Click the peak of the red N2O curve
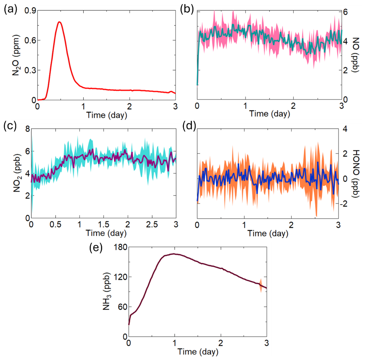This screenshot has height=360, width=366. point(60,22)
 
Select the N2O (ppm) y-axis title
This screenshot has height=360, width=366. point(17,55)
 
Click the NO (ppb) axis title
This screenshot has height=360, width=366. point(356,55)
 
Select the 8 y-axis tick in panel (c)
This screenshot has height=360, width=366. point(27,129)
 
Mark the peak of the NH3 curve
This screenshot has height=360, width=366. point(174,254)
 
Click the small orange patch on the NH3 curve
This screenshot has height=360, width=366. point(260,285)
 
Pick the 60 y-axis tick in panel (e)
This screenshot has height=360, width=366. point(122,307)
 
